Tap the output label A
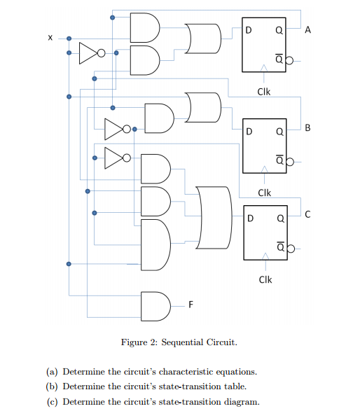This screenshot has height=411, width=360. [308, 31]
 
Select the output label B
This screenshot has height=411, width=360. [308, 128]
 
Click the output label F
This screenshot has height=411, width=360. [190, 305]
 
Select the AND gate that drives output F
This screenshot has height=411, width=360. [153, 304]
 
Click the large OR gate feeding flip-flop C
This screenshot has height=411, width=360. [214, 218]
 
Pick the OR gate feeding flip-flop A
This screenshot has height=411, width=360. [202, 37]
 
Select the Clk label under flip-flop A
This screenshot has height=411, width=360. [264, 91]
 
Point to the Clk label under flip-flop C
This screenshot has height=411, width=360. [264, 280]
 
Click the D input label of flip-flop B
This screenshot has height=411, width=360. [249, 130]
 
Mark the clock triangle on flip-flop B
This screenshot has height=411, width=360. [264, 169]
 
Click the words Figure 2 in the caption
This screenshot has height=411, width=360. [139, 342]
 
